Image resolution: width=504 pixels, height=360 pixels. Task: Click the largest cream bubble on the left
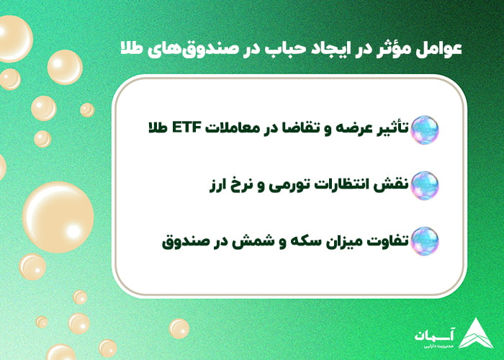pyautogui.click(x=58, y=216)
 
